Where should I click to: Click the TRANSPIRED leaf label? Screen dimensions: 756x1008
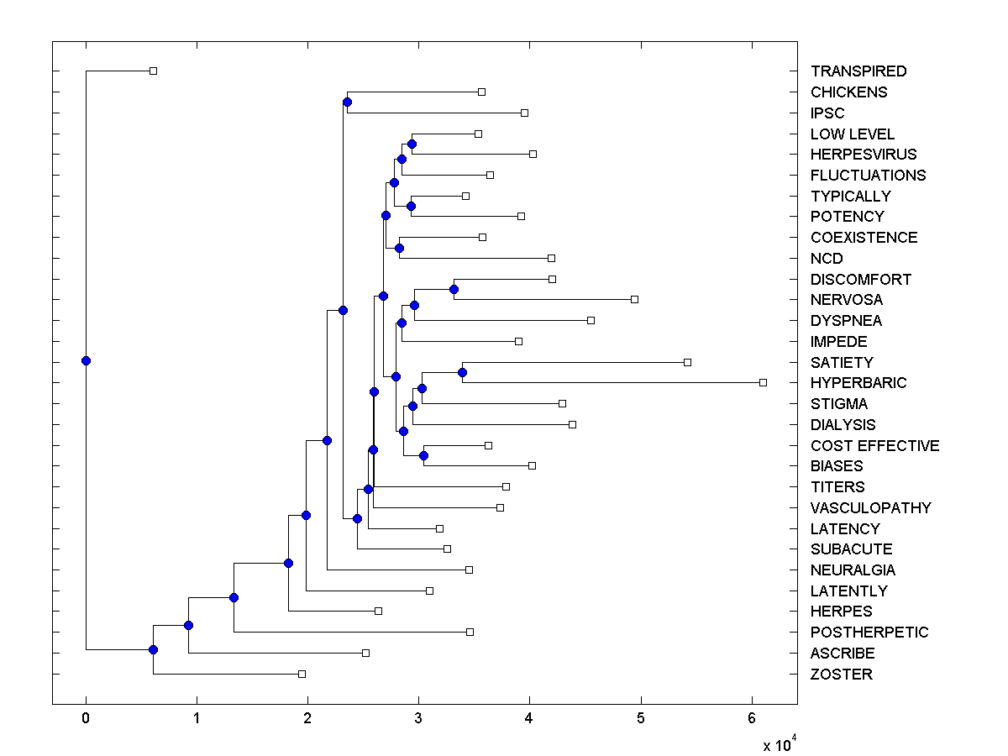point(858,71)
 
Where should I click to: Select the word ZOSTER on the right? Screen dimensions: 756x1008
point(841,675)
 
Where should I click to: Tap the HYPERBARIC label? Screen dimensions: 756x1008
point(858,383)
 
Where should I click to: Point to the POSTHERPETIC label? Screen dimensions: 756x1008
point(869,633)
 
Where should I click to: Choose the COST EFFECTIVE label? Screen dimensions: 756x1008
point(874,446)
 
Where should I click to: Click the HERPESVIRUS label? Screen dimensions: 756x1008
point(864,155)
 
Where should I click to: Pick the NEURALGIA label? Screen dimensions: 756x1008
point(853,570)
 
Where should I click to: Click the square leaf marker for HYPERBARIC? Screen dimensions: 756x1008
point(763,382)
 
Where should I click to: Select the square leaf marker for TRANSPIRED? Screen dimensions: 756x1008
point(153,71)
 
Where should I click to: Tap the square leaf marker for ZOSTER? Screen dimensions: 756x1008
point(302,674)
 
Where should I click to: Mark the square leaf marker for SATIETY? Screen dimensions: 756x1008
point(687,362)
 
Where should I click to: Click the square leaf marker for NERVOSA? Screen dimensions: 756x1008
point(634,299)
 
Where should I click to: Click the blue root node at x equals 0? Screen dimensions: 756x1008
point(86,360)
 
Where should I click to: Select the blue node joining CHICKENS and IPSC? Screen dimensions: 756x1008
point(347,102)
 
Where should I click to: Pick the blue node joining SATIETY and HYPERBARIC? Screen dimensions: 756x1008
point(462,372)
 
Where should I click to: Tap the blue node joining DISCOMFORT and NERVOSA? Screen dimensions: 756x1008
point(454,289)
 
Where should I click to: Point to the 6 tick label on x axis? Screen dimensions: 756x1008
point(752,718)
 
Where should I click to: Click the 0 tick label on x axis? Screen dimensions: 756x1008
point(86,718)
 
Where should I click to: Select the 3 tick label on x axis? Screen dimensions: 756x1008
point(418,718)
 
